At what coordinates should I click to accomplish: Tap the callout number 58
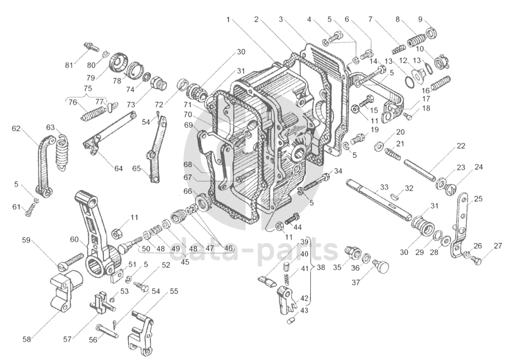tap(27, 339)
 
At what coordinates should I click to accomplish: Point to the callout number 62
tap(16, 129)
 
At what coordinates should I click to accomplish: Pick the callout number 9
tap(420, 19)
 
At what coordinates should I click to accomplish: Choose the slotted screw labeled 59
tap(70, 261)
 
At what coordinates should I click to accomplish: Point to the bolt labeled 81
tap(91, 47)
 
